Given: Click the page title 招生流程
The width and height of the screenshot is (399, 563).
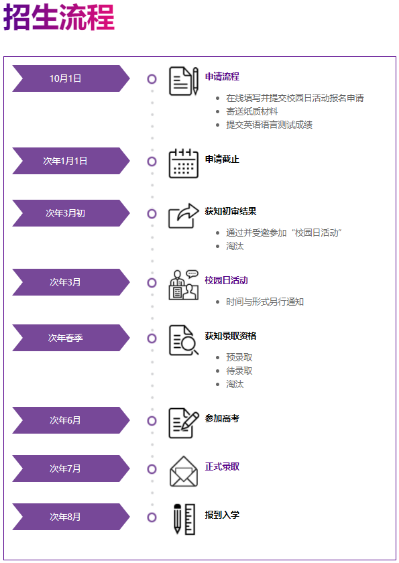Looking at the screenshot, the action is click(59, 17).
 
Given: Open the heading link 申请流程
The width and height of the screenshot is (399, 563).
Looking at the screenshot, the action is click(222, 76).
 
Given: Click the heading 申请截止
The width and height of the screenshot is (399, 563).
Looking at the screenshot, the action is click(222, 159).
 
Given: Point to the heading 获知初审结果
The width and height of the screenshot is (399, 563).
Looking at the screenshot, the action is click(231, 211).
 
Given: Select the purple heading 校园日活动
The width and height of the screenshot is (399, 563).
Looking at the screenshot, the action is click(226, 280).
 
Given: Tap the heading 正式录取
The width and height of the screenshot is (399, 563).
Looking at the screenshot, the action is click(222, 466).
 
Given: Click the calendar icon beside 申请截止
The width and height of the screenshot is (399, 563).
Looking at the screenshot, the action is click(184, 164).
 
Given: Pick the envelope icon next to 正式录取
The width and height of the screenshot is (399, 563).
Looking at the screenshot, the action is click(184, 471).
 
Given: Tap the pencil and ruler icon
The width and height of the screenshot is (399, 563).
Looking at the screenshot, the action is click(184, 519).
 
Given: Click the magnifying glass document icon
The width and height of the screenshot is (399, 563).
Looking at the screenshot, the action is click(184, 340).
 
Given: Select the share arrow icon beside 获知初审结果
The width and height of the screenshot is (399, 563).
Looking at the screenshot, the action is click(184, 216).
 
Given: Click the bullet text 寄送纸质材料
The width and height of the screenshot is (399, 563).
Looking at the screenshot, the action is click(252, 111).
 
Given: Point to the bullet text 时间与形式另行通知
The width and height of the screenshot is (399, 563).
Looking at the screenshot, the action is click(265, 302).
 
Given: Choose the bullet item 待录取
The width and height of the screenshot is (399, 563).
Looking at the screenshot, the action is click(239, 371).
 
